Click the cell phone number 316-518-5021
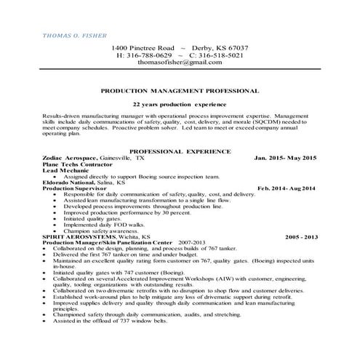(x=220, y=55)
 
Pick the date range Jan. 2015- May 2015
(x=285, y=157)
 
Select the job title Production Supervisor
(x=73, y=188)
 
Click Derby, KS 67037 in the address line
(x=223, y=47)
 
